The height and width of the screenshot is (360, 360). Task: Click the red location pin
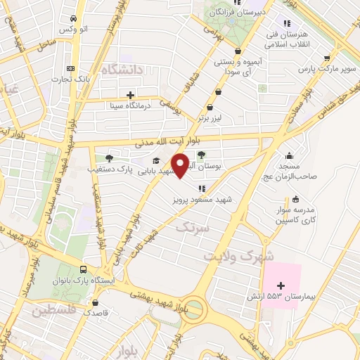[181, 165]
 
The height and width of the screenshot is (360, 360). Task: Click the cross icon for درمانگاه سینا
[129, 94]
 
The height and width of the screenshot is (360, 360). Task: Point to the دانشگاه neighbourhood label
[122, 69]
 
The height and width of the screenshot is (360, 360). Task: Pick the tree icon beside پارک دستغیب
[108, 158]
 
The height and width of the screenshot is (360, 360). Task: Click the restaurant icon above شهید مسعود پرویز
[202, 188]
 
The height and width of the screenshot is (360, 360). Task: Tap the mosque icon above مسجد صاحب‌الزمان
[288, 155]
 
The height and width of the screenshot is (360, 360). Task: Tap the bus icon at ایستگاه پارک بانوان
[84, 269]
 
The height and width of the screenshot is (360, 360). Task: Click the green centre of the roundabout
[197, 308]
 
